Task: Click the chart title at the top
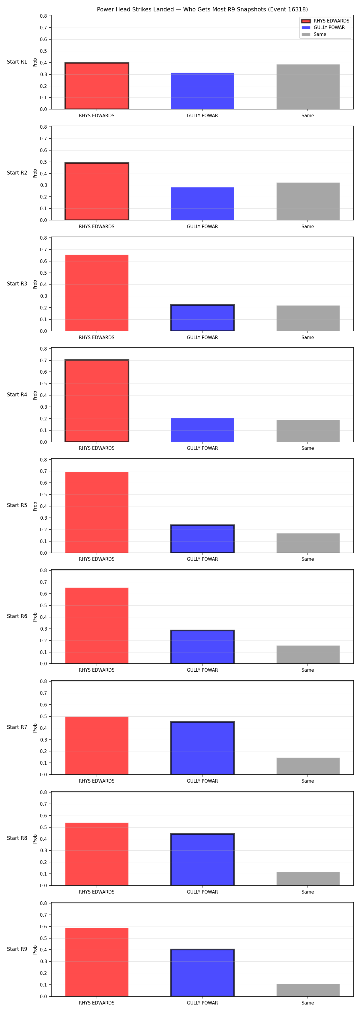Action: (x=202, y=9)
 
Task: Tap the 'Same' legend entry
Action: (x=314, y=34)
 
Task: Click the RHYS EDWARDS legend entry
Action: (x=325, y=21)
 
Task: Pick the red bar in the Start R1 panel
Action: (x=97, y=86)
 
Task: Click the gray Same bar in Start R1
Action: (x=308, y=87)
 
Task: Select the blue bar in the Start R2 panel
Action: (x=202, y=204)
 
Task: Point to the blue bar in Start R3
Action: (x=202, y=318)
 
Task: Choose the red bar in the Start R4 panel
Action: (x=97, y=401)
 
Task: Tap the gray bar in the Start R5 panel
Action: (x=308, y=543)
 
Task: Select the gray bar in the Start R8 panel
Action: (x=308, y=879)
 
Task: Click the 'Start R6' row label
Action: (x=17, y=616)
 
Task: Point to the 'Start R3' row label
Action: (x=17, y=284)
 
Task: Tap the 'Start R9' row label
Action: (x=17, y=949)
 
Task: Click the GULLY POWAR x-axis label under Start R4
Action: (x=202, y=448)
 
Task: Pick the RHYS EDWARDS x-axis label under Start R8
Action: (x=97, y=892)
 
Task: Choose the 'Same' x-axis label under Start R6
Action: (x=308, y=670)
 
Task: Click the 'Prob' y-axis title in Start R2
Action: (x=35, y=173)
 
